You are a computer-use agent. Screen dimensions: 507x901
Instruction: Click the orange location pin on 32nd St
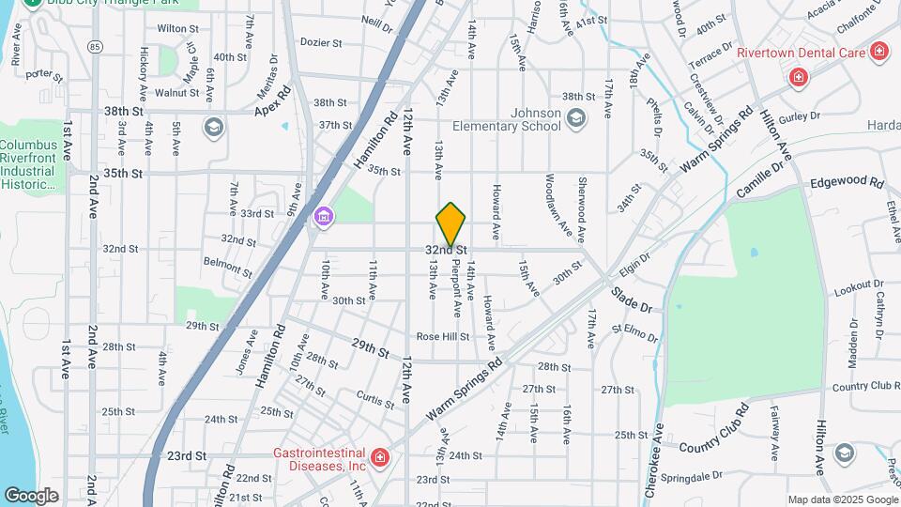[451, 223]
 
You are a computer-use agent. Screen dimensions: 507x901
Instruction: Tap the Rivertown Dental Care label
[800, 53]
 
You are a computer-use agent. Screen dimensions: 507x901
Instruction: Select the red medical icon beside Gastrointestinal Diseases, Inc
[380, 458]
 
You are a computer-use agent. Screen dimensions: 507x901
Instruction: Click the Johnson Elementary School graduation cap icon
[575, 117]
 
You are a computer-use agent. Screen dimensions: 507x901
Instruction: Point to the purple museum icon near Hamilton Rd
[324, 217]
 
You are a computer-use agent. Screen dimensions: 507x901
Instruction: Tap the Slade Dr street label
[632, 300]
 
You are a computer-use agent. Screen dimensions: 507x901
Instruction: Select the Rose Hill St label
[443, 336]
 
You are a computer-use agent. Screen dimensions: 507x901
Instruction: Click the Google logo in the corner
[31, 495]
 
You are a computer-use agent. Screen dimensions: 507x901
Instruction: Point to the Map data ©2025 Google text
[841, 499]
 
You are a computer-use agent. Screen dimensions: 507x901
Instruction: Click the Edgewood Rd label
[847, 182]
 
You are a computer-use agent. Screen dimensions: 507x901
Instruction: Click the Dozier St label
[320, 43]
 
